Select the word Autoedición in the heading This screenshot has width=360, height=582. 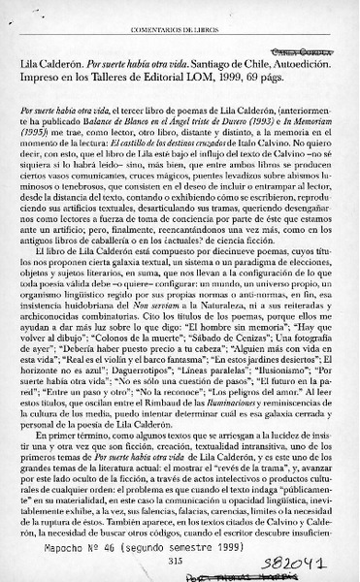[x=311, y=63]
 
